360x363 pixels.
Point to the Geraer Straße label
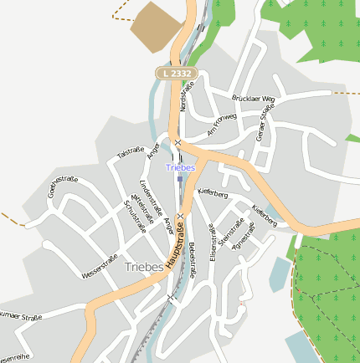point(265,122)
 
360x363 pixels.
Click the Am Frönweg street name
point(222,124)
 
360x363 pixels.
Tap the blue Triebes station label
point(180,167)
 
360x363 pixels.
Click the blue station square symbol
point(180,177)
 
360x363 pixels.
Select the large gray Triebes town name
point(144,267)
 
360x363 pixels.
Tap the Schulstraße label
point(134,216)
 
